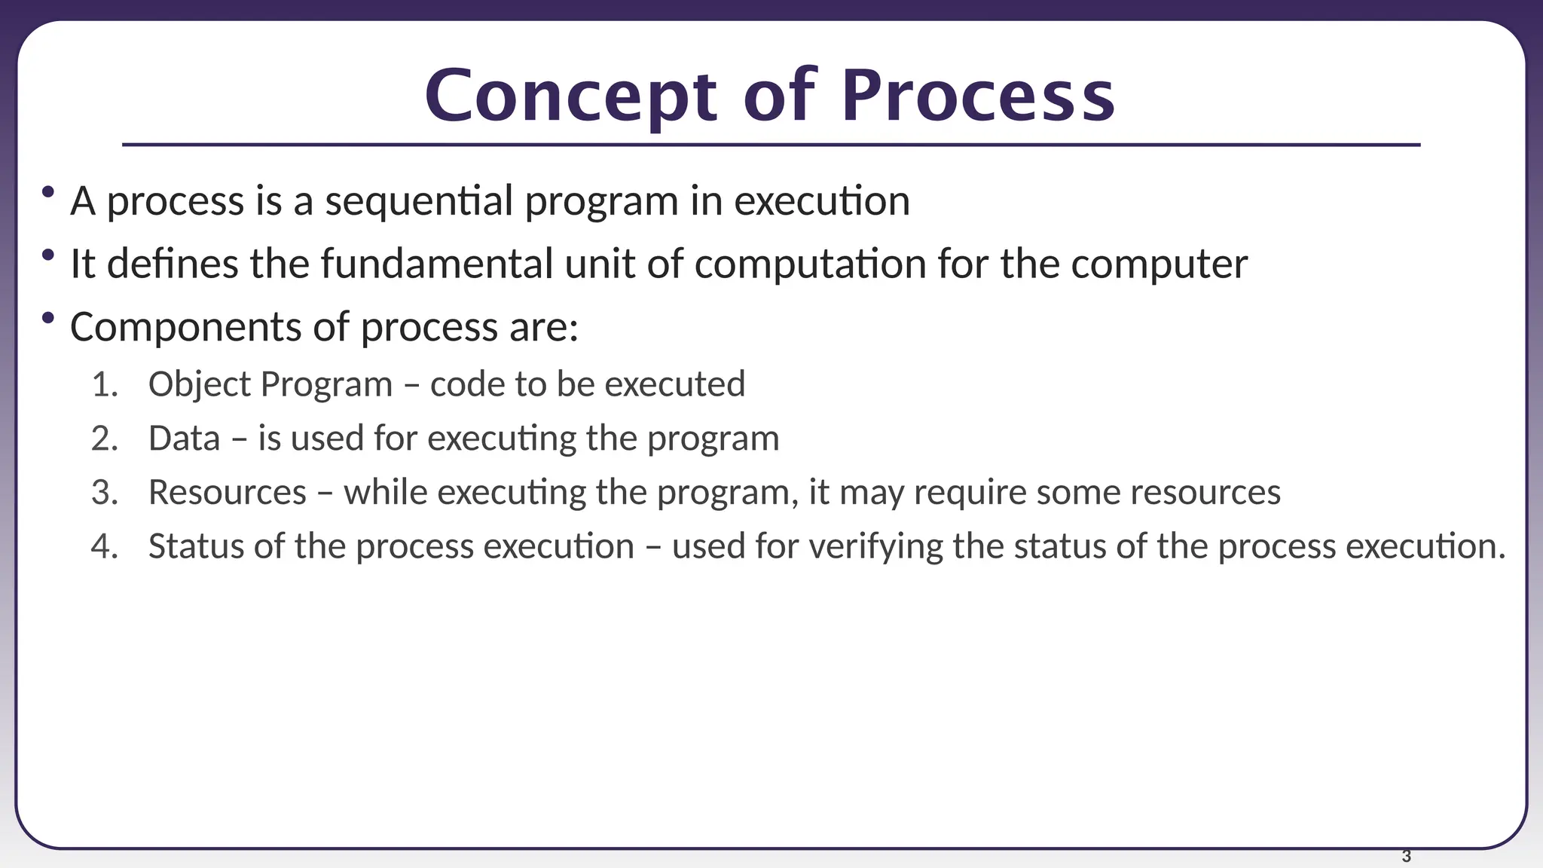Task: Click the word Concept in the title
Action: pos(571,96)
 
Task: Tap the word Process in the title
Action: pos(977,96)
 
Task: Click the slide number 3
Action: pos(1406,856)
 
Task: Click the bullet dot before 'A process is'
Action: pos(48,192)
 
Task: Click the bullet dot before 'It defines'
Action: pos(48,255)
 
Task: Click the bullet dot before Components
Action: pos(48,318)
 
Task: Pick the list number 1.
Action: pos(104,384)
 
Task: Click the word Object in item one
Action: pos(199,385)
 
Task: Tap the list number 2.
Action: pos(104,439)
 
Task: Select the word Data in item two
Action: pos(184,439)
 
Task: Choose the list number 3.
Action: pos(104,493)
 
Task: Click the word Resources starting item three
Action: pos(227,493)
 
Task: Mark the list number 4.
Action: pos(104,546)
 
